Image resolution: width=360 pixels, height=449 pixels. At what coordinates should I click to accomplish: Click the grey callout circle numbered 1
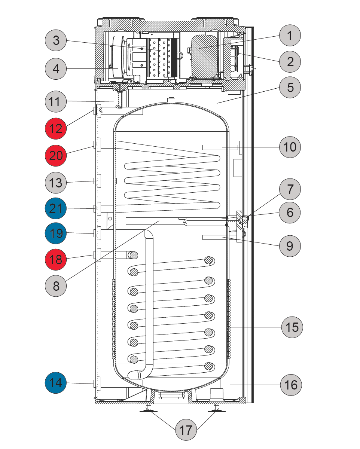290,36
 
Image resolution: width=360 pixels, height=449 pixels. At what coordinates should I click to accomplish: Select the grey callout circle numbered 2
290,61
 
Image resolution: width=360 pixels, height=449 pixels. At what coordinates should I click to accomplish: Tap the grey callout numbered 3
56,40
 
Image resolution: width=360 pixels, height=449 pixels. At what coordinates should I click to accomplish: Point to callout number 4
56,69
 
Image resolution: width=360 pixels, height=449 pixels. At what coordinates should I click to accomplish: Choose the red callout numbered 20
56,155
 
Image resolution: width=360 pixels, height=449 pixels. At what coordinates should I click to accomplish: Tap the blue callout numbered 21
56,208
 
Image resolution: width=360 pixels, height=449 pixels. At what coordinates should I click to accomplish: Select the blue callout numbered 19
56,233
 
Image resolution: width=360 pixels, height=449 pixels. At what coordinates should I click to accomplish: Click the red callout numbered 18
56,259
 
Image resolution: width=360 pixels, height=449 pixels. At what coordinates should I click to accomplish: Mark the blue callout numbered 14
56,384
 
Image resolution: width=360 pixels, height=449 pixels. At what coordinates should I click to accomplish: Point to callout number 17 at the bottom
186,430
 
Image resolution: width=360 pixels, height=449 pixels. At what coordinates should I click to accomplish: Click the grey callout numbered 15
292,327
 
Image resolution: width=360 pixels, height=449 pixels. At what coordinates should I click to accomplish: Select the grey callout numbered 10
290,147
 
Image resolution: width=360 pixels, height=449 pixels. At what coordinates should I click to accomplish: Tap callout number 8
56,286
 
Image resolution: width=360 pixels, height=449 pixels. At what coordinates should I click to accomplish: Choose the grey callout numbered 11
56,101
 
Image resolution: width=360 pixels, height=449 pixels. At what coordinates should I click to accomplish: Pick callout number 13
56,183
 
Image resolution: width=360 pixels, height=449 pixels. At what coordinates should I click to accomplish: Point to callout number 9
290,246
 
